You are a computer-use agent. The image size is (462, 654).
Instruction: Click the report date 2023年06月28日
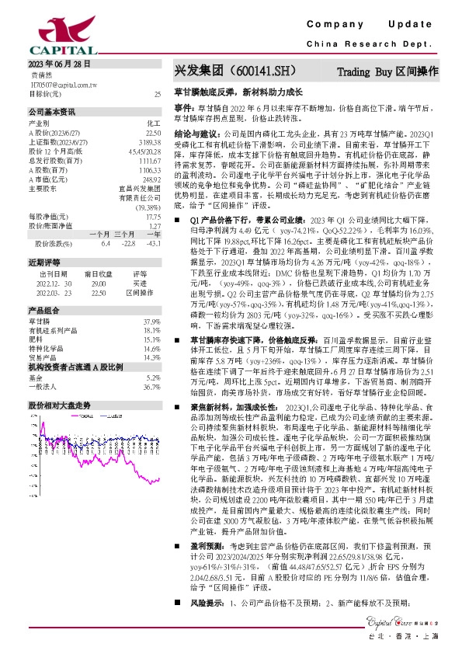pyautogui.click(x=59, y=64)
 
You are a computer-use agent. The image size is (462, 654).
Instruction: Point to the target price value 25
pyautogui.click(x=158, y=93)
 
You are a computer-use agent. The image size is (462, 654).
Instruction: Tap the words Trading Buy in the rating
pyautogui.click(x=366, y=72)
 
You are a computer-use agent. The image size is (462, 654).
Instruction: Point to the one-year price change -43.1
pyautogui.click(x=154, y=245)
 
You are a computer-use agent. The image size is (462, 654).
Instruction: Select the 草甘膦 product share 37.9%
pyautogui.click(x=151, y=322)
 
